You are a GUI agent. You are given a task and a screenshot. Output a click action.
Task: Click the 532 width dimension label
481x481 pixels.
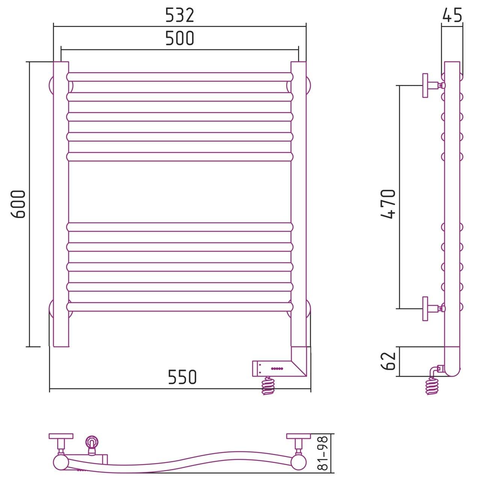(180, 15)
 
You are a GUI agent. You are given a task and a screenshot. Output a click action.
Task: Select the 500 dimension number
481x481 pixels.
(180, 38)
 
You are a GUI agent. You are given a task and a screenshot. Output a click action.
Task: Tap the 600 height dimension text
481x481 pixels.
(18, 204)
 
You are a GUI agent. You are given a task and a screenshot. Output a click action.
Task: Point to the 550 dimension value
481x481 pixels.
(182, 377)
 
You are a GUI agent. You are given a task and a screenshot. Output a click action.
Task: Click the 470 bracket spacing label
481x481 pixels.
(388, 204)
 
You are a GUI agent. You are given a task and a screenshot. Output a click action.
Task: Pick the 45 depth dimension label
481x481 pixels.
(452, 15)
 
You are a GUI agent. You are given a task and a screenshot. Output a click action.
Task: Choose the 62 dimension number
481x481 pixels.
(388, 361)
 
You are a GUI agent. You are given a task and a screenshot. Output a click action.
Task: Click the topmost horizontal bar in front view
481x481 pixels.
(180, 77)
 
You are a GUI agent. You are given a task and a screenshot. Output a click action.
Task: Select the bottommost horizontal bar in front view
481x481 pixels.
(180, 307)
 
